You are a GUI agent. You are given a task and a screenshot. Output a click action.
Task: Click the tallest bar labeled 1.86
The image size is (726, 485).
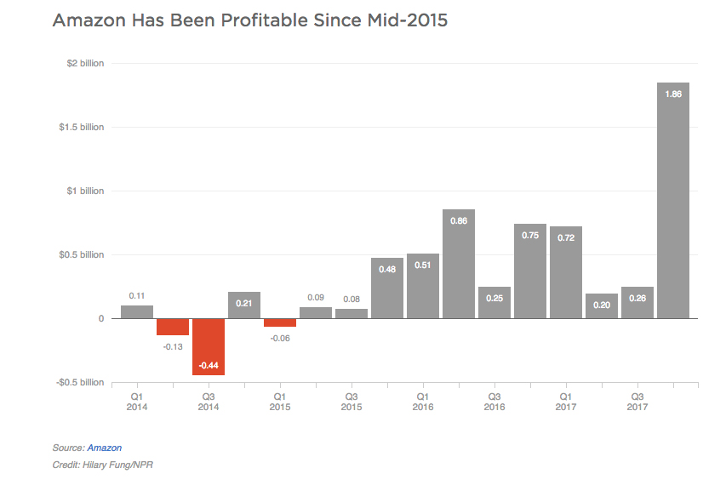click(672, 200)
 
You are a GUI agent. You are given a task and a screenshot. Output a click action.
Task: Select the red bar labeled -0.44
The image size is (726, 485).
click(209, 346)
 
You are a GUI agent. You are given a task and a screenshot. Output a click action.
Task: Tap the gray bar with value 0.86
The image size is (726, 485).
click(459, 264)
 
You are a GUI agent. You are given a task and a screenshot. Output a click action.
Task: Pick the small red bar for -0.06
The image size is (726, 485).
click(280, 322)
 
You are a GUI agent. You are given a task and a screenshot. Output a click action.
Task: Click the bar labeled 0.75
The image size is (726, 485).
click(530, 271)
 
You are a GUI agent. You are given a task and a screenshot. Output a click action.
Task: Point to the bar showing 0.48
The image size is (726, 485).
click(387, 288)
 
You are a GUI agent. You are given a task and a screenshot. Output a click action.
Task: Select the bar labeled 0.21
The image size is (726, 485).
click(244, 305)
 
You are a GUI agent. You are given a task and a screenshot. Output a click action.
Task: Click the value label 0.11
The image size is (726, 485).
click(137, 296)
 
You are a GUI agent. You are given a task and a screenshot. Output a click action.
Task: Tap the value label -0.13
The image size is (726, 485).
click(173, 345)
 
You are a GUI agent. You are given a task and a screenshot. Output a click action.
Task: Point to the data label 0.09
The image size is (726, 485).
click(316, 298)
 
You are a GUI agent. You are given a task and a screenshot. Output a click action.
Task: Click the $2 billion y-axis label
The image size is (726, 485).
click(85, 64)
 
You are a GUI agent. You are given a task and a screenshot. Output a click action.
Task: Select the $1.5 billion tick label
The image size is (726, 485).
click(82, 128)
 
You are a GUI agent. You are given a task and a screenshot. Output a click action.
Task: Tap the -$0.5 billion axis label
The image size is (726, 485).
click(80, 382)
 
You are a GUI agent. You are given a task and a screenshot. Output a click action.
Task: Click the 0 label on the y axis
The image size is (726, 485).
click(100, 318)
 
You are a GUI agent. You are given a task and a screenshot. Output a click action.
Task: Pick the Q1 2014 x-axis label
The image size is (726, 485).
click(137, 402)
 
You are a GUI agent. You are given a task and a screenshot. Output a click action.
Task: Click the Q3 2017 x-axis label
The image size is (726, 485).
click(637, 402)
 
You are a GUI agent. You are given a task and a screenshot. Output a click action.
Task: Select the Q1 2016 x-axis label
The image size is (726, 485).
click(422, 402)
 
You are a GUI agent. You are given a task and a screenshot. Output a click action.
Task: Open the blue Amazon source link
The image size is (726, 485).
click(105, 448)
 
